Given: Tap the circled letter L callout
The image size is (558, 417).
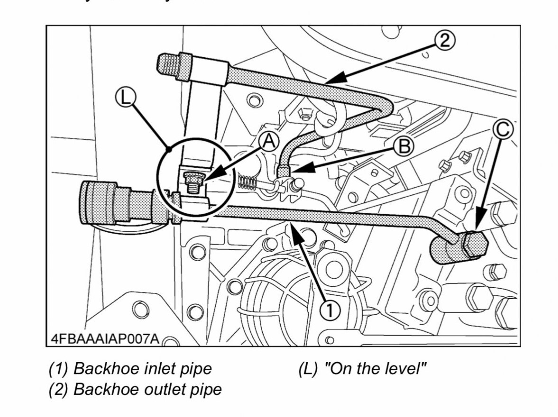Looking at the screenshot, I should [x=126, y=99].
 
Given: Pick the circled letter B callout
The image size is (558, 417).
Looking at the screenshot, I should [x=404, y=146].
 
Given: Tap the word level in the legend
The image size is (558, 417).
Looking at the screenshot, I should [x=401, y=368].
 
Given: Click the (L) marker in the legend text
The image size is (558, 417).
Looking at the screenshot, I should [x=308, y=368].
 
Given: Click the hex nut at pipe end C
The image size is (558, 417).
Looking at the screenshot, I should [x=474, y=245].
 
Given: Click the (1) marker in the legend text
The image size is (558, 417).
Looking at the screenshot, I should [x=59, y=368].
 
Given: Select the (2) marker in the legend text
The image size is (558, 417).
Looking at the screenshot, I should [x=59, y=389].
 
